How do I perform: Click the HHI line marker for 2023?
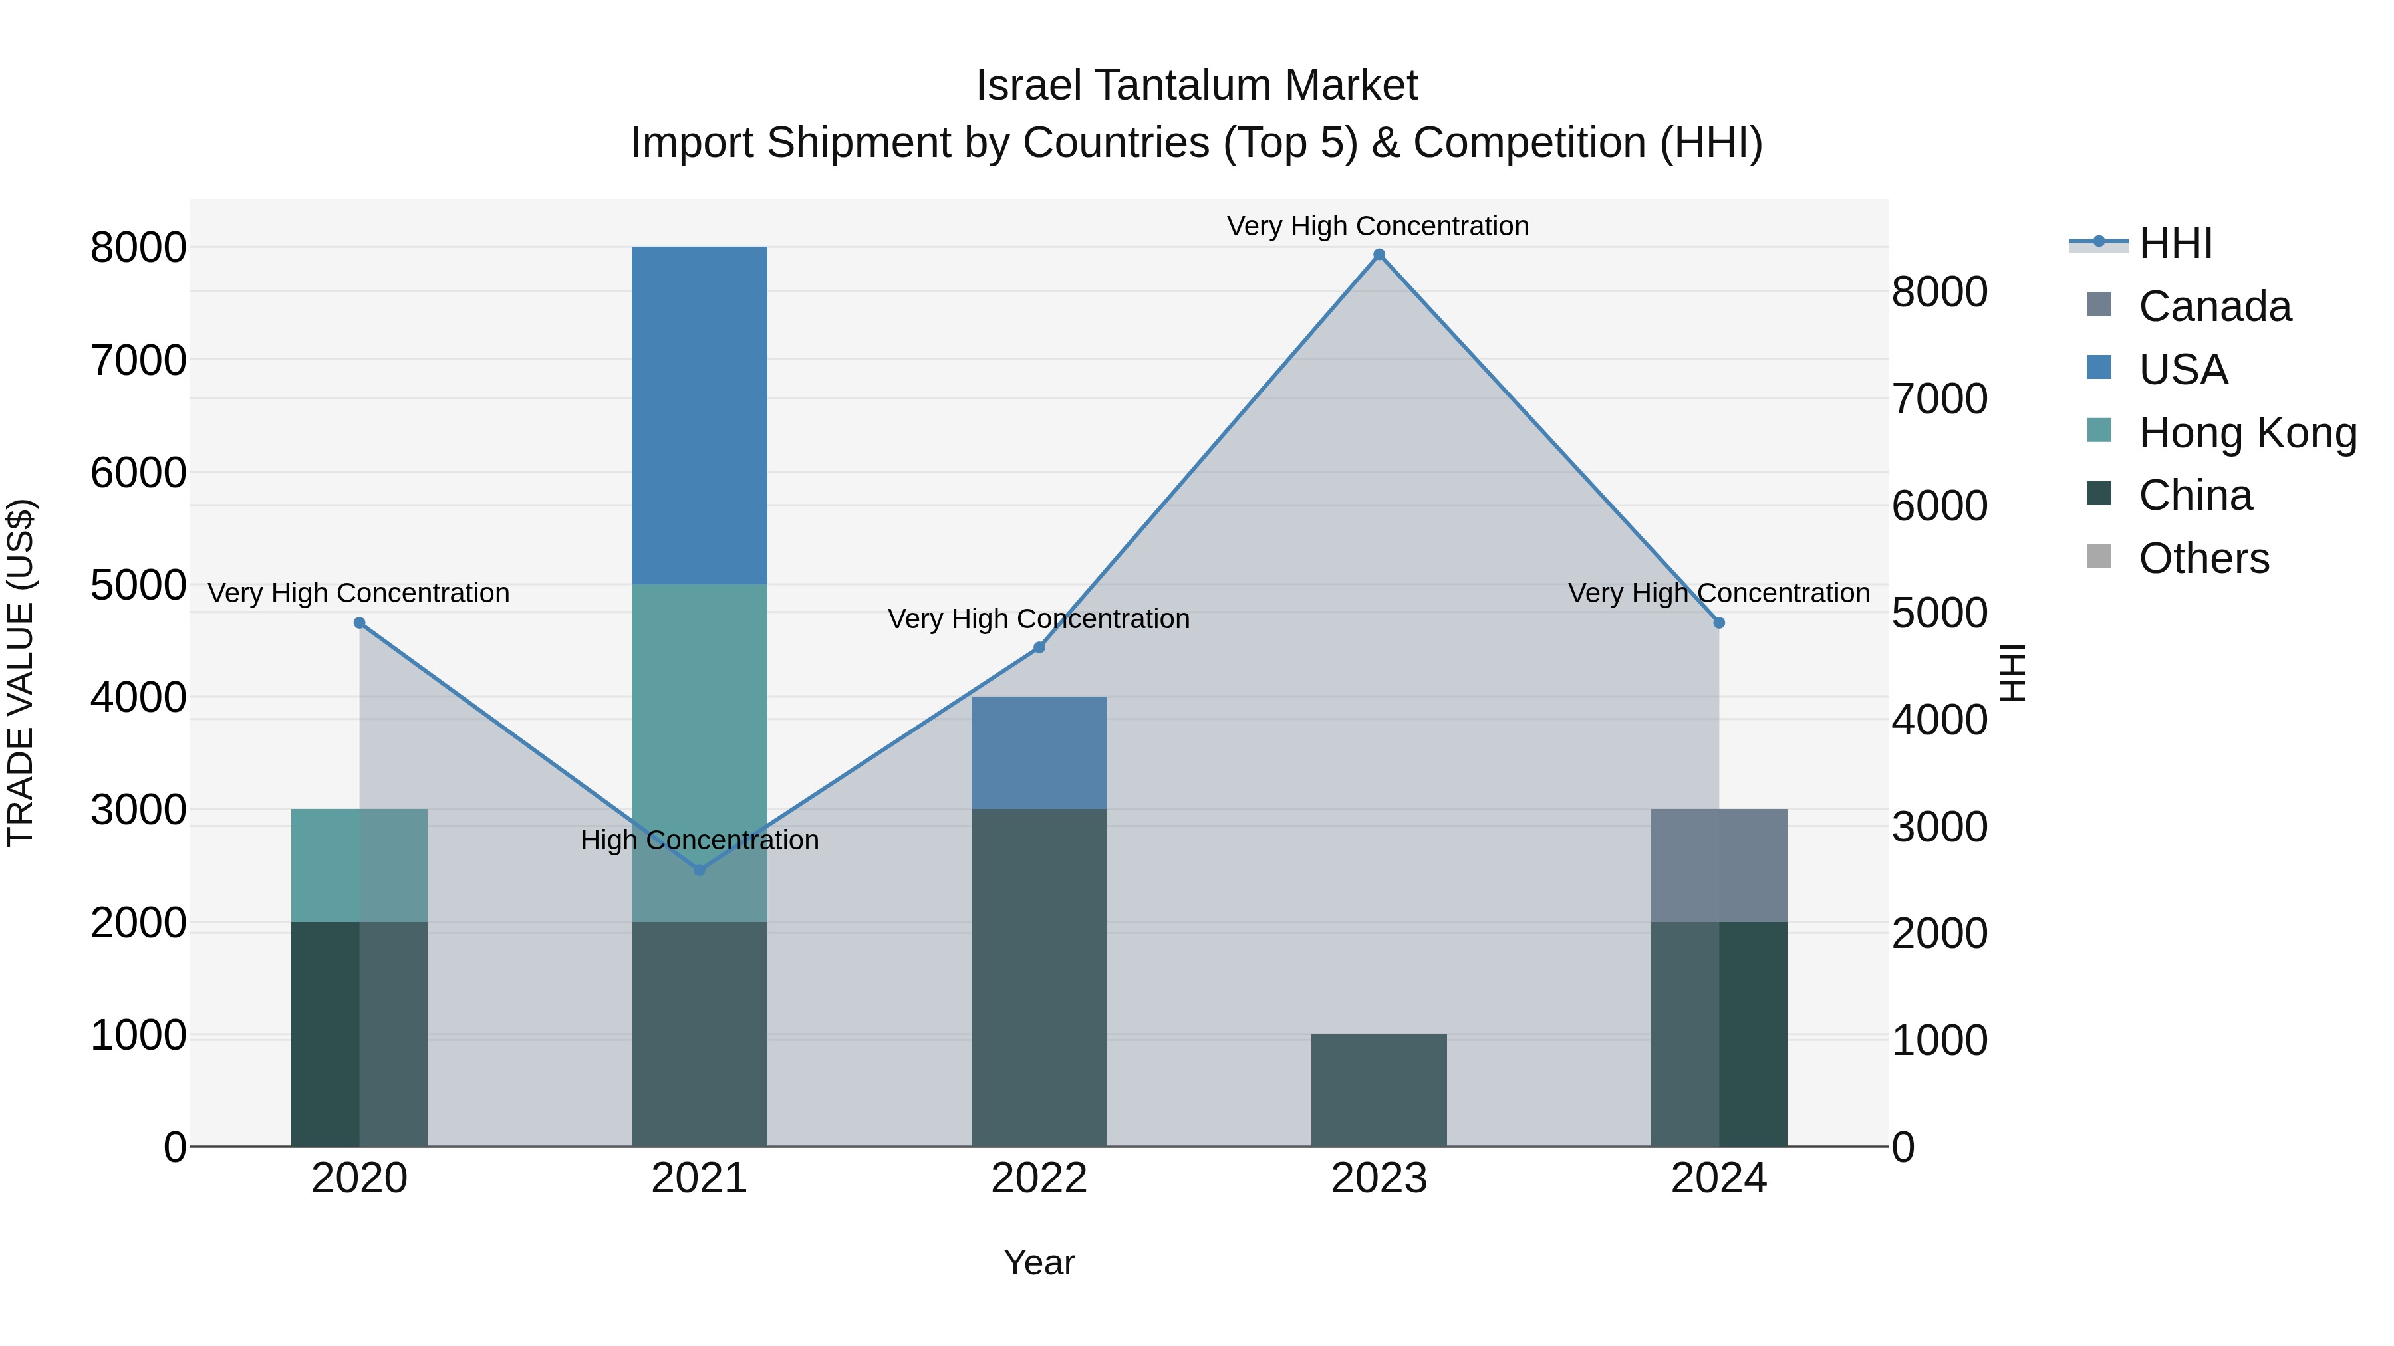point(1379,255)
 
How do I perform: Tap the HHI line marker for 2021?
point(700,870)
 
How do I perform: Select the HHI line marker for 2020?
point(360,623)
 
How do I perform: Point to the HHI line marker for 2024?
point(1718,623)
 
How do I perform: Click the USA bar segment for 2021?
point(700,415)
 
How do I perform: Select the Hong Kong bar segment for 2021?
point(700,752)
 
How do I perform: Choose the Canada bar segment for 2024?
point(1718,865)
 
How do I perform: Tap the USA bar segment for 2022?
point(1039,752)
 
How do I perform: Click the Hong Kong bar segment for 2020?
point(360,865)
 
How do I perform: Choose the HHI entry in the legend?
point(2175,243)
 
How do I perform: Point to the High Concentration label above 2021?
point(700,840)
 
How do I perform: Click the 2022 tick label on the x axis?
point(1039,1178)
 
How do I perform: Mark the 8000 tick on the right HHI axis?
point(1940,292)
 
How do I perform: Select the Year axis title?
point(1039,1262)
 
